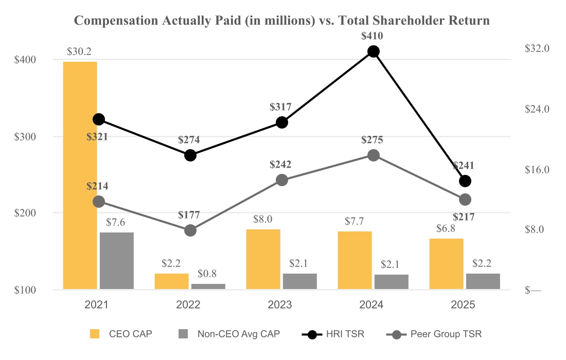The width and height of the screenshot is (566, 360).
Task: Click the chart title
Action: pyautogui.click(x=282, y=21)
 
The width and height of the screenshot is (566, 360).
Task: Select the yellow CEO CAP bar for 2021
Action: pyautogui.click(x=80, y=175)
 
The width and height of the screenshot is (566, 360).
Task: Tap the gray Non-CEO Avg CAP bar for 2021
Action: pyautogui.click(x=117, y=261)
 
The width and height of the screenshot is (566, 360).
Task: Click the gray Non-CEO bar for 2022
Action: pyautogui.click(x=208, y=286)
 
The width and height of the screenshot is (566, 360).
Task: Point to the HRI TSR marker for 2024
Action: pyautogui.click(x=374, y=51)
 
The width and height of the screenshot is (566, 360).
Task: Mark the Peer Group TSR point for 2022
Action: pyautogui.click(x=190, y=230)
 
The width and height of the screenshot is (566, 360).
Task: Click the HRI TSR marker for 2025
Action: pyautogui.click(x=465, y=181)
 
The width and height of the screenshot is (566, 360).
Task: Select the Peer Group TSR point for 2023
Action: pyautogui.click(x=282, y=180)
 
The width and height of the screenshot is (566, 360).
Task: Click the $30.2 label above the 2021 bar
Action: pyautogui.click(x=80, y=52)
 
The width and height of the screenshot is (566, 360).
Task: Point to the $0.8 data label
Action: pyautogui.click(x=208, y=274)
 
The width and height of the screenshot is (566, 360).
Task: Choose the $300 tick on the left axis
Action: pyautogui.click(x=25, y=136)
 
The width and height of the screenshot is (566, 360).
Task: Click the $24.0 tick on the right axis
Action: pyautogui.click(x=537, y=109)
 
